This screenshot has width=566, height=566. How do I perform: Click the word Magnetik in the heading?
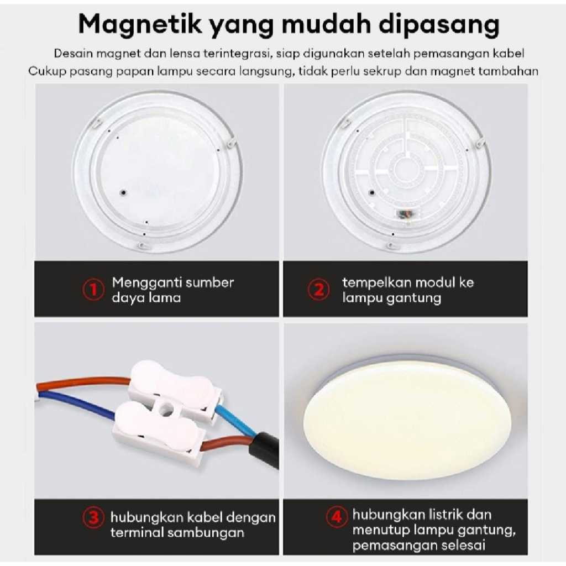pyautogui.click(x=140, y=24)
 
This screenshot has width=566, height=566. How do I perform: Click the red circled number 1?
pyautogui.click(x=93, y=290)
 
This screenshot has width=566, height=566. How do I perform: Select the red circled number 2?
pyautogui.click(x=318, y=290)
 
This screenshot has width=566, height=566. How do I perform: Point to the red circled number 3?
pyautogui.click(x=93, y=517)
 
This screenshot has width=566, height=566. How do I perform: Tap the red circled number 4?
pyautogui.click(x=337, y=517)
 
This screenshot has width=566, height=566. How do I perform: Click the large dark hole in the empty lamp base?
pyautogui.click(x=123, y=192)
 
